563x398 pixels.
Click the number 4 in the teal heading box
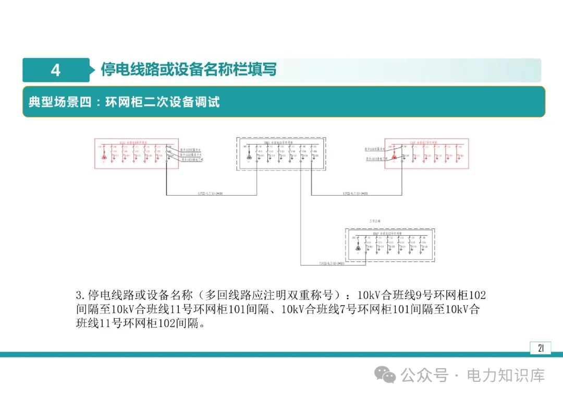pos(56,70)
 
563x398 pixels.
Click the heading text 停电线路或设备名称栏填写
pos(188,69)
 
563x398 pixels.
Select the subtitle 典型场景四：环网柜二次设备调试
pos(124,101)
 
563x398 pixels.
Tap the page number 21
pos(541,348)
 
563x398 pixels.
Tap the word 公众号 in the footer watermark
pos(424,375)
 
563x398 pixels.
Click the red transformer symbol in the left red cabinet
pos(104,157)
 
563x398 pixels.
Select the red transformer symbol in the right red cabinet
pos(395,157)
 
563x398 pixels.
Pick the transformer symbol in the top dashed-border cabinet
pos(249,157)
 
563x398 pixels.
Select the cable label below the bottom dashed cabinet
pos(332,263)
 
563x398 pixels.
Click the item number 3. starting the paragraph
pos(80,295)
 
